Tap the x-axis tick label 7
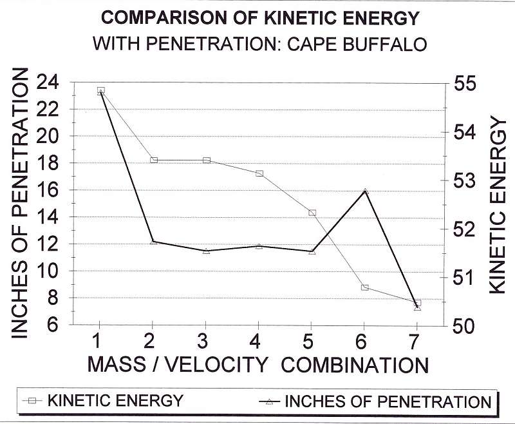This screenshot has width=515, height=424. pos(416,341)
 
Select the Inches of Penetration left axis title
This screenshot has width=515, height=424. pos(23,203)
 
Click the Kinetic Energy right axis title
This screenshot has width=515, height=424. pos(498,204)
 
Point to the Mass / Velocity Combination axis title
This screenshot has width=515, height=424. pos(257,365)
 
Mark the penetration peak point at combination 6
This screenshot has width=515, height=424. pos(365,191)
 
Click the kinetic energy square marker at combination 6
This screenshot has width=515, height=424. pos(365,287)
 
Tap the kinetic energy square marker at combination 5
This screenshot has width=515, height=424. pos(312,213)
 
